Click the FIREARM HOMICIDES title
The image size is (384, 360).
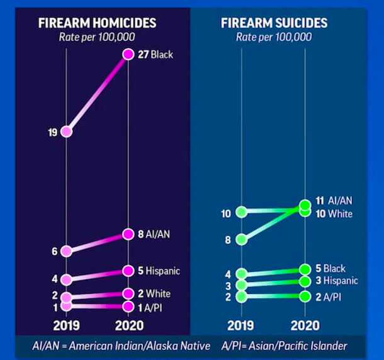coord(97,23)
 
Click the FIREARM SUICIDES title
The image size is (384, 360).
coord(274,23)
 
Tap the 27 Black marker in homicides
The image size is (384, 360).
coord(128,55)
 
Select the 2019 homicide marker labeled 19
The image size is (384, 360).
coord(67,132)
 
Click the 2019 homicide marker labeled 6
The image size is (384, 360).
coord(67,250)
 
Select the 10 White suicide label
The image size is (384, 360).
coord(334,214)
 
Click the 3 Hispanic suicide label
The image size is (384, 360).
coord(336,281)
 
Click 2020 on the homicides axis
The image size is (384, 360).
coord(128,325)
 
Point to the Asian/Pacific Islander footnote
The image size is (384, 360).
coord(285,346)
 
